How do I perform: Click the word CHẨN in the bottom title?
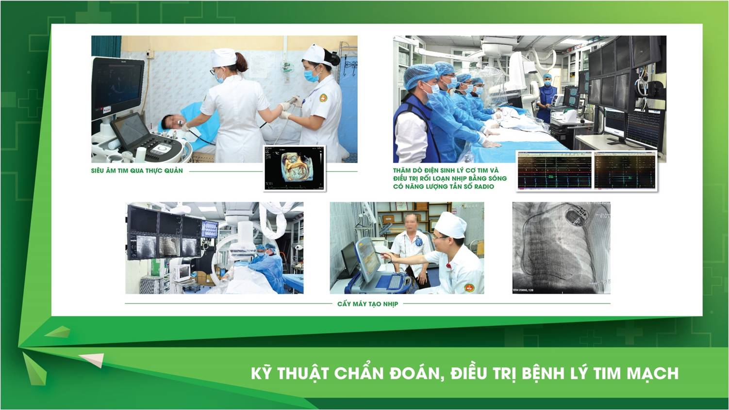click(x=359, y=373)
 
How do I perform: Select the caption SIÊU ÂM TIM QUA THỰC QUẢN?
click(x=137, y=170)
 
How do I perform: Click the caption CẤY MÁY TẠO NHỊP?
click(x=368, y=304)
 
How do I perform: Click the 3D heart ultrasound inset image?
click(x=295, y=168)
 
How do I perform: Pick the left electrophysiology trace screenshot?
click(x=555, y=170)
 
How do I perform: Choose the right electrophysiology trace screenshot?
click(x=625, y=170)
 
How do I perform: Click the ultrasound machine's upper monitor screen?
click(x=118, y=87)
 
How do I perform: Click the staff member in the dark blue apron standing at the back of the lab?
click(x=547, y=96)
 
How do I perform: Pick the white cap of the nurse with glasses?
click(x=224, y=57)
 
